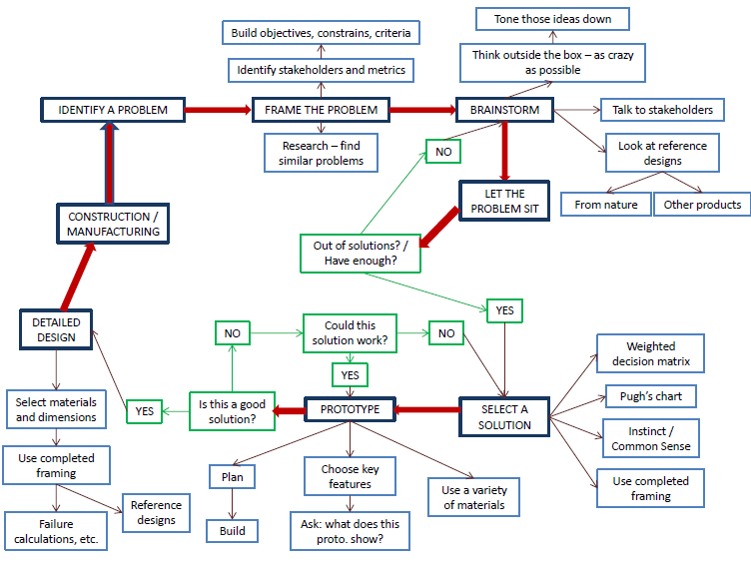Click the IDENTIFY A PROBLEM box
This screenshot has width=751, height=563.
click(x=113, y=110)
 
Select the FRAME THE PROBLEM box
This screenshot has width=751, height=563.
click(x=321, y=110)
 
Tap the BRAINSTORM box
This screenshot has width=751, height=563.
click(x=504, y=110)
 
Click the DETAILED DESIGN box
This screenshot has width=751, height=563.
click(x=55, y=329)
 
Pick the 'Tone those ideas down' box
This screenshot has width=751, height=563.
click(x=552, y=19)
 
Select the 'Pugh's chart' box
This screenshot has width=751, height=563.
click(x=650, y=396)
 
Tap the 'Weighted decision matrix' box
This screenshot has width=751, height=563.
click(x=650, y=353)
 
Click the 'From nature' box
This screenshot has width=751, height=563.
click(x=605, y=205)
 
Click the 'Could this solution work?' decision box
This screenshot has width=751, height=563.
click(x=350, y=333)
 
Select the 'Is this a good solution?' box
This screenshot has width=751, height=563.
click(x=232, y=411)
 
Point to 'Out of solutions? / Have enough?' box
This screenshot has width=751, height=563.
click(x=360, y=253)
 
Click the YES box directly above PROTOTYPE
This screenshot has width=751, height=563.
click(x=350, y=375)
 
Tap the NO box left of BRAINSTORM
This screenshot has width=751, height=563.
click(x=442, y=151)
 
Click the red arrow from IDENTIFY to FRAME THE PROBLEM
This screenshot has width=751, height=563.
click(x=218, y=110)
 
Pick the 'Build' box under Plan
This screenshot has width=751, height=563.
click(x=232, y=531)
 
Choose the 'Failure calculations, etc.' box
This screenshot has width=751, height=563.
click(x=57, y=531)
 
